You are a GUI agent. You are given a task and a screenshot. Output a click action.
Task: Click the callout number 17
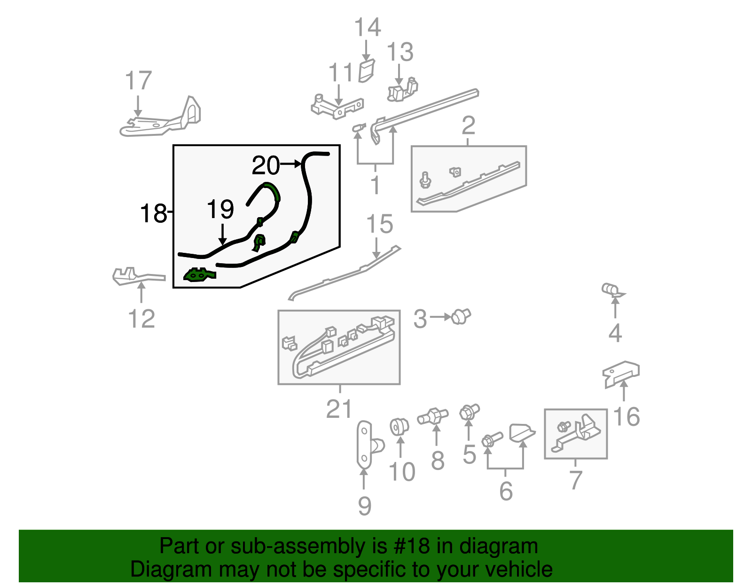[139, 81]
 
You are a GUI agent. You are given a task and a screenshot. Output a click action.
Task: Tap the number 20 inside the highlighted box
[266, 165]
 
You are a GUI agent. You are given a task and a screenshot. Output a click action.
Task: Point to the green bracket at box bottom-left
[199, 274]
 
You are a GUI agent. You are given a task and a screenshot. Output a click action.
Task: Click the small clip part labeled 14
[366, 71]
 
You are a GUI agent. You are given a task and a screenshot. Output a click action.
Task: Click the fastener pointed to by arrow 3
[460, 317]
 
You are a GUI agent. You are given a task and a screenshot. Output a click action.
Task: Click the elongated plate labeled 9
[365, 444]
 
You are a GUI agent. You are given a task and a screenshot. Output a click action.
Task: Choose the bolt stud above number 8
[433, 415]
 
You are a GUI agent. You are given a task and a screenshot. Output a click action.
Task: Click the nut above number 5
[469, 412]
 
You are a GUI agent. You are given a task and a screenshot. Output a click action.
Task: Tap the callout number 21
[339, 409]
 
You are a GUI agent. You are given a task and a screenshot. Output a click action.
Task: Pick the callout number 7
[575, 480]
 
